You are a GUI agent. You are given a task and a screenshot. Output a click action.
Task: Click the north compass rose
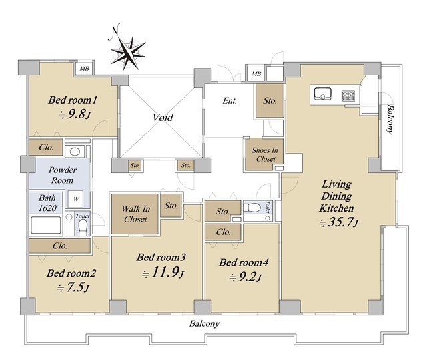(128, 49)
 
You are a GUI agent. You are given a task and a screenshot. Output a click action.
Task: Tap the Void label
(163, 118)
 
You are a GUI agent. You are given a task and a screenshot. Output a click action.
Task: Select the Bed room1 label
(73, 100)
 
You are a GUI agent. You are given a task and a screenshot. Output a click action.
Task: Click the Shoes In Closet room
(264, 155)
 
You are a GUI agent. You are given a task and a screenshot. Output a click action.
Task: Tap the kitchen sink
(322, 94)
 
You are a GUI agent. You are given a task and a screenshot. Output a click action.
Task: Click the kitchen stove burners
(349, 95)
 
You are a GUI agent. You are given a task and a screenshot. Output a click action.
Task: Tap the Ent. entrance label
(231, 101)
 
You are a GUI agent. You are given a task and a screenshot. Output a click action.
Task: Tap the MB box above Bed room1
(85, 68)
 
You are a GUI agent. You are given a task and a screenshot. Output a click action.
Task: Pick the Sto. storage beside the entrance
(270, 101)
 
